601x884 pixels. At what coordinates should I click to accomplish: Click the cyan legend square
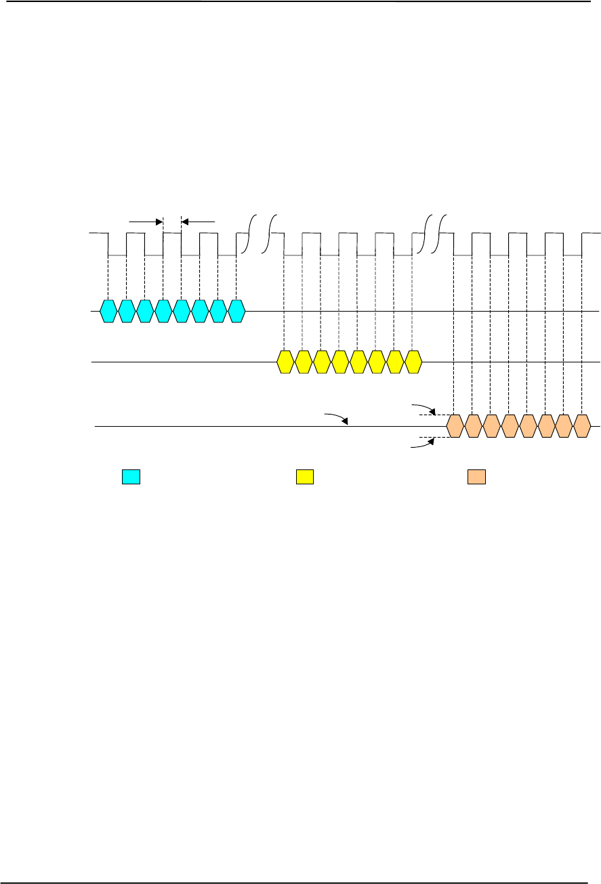coord(131,477)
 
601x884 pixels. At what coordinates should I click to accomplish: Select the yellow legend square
coord(304,477)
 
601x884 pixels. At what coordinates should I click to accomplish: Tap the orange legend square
coord(476,477)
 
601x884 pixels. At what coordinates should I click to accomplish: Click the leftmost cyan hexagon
coord(108,311)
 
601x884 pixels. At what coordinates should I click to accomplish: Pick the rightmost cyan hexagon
coord(236,311)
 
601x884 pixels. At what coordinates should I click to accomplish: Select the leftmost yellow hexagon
coord(285,362)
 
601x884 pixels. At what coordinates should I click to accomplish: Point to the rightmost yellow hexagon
coord(413,362)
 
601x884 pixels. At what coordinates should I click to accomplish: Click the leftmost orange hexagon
coord(455,425)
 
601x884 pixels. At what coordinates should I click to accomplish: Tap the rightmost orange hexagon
coord(582,425)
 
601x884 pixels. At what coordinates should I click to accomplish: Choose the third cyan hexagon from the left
coord(145,311)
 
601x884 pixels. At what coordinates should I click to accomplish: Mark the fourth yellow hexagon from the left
coord(340,362)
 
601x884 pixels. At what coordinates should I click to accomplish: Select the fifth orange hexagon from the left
coord(528,425)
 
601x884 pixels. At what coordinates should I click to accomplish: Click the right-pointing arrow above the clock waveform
coord(146,221)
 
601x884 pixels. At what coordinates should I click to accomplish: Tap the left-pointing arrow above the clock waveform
coord(198,221)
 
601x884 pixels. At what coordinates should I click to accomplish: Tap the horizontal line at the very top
coord(300,1)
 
